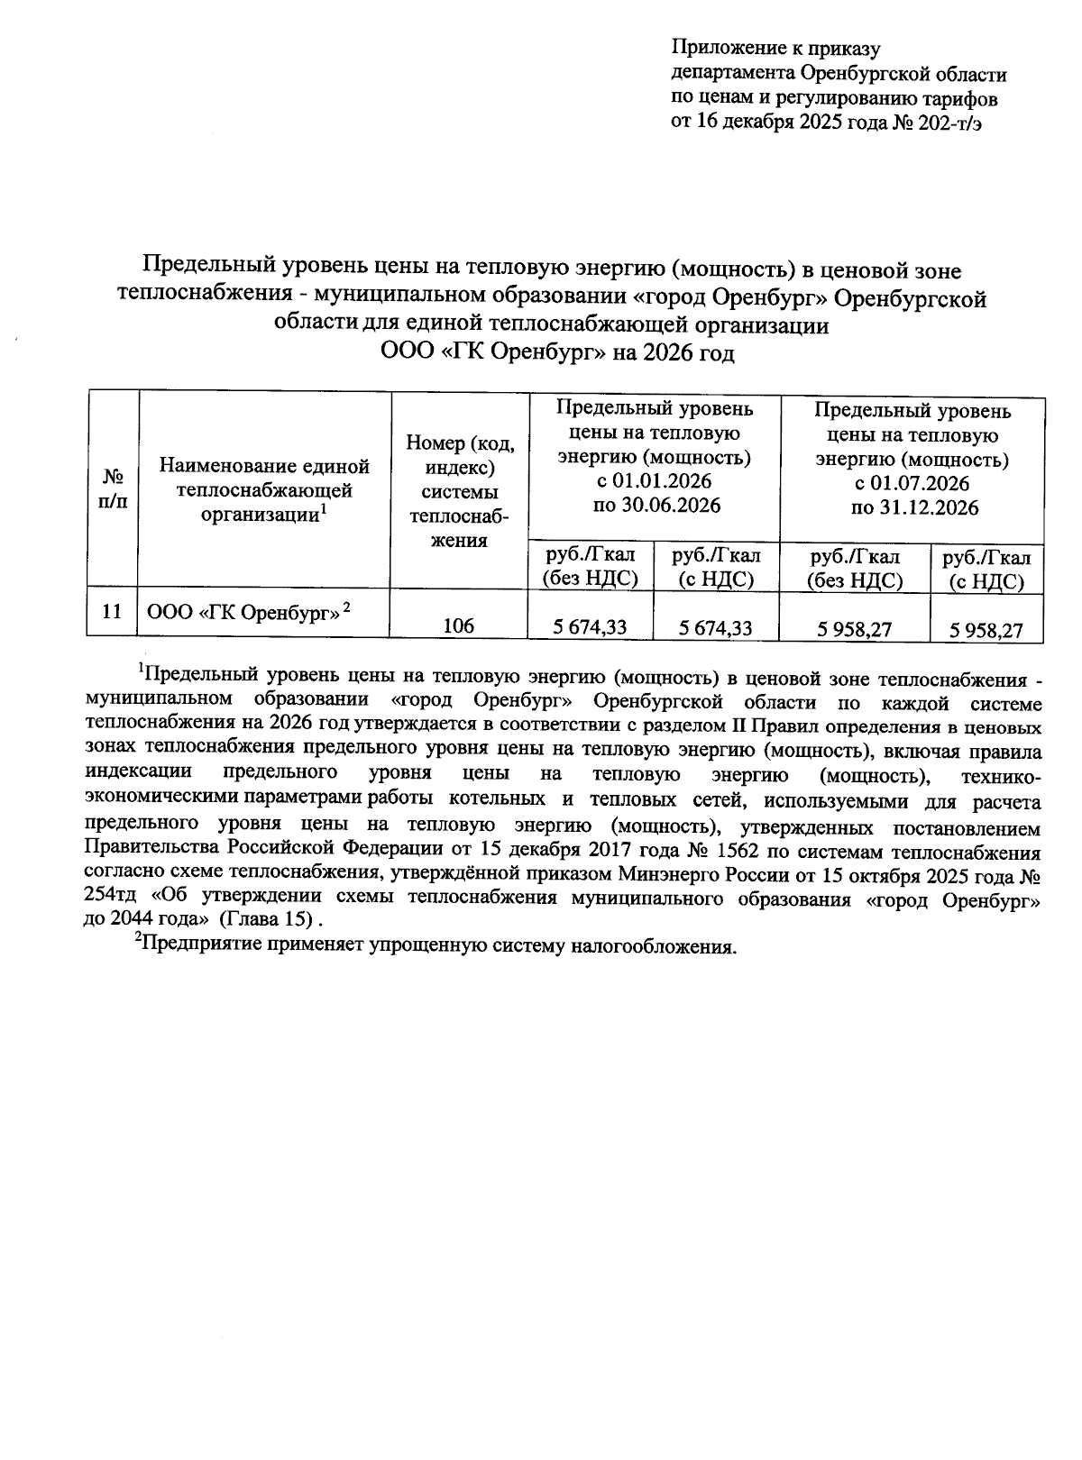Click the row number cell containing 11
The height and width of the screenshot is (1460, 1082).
click(x=112, y=612)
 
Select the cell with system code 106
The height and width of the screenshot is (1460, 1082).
click(x=459, y=625)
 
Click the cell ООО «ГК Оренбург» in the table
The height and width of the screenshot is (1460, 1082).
click(x=248, y=612)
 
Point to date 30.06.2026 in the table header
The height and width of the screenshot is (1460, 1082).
click(x=670, y=506)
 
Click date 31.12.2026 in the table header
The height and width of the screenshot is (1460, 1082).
click(x=928, y=508)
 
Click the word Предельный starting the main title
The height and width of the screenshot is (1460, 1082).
click(x=208, y=269)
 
